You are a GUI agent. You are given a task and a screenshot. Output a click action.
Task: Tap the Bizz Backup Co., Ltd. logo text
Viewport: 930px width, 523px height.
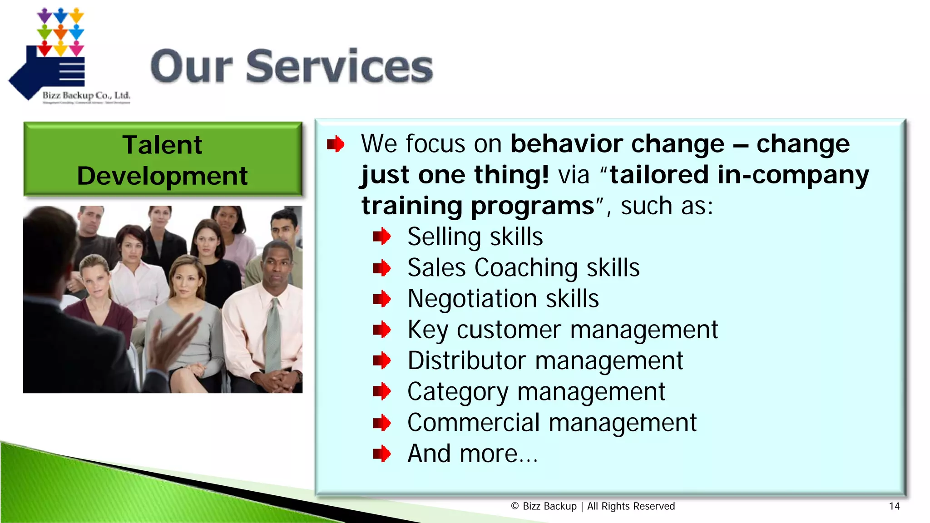[x=86, y=95]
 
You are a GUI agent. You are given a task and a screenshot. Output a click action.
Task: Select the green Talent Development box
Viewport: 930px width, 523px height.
[x=163, y=159]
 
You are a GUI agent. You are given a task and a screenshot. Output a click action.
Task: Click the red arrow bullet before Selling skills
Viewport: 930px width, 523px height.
[x=381, y=237]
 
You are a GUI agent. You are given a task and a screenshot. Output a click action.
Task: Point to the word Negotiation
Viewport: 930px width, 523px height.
[x=472, y=299]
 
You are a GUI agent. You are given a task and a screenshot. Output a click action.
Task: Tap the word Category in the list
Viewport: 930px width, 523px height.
[x=458, y=392]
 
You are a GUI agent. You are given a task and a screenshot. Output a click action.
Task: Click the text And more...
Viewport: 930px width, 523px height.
[x=472, y=454]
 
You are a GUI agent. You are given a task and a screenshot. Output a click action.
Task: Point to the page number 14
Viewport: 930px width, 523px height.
[x=894, y=506]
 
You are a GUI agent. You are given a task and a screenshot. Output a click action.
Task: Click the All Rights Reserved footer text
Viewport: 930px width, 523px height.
[x=631, y=506]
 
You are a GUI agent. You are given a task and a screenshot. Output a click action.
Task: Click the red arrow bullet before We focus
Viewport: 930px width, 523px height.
[x=336, y=144]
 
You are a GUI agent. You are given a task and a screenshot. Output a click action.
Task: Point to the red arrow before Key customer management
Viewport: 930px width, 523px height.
[x=381, y=330]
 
